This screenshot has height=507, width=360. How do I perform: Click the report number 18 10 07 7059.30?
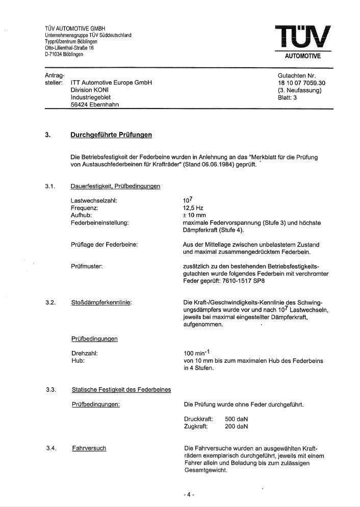coord(301,83)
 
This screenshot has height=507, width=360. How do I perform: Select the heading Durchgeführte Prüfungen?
coord(111,135)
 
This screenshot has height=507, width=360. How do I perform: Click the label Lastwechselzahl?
coord(94,201)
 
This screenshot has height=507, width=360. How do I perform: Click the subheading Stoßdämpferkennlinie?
coord(101,303)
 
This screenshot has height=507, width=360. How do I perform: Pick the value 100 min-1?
coord(198,353)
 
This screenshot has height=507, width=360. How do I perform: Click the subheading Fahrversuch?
coord(89,448)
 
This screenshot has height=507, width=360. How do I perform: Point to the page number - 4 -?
coord(189,494)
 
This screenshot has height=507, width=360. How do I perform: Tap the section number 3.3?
coord(50,390)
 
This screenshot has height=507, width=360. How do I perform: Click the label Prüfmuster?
coord(87,266)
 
